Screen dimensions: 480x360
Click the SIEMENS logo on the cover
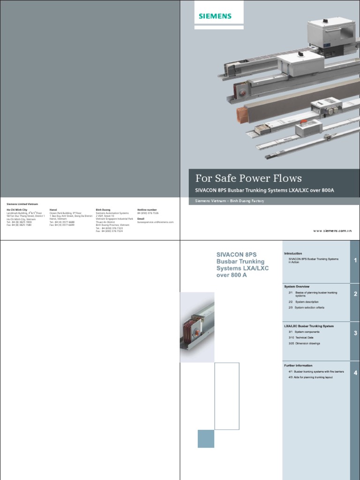pyautogui.click(x=215, y=16)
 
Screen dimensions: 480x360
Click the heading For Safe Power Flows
pyautogui.click(x=248, y=178)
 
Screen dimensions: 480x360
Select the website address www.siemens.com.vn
pyautogui.click(x=332, y=231)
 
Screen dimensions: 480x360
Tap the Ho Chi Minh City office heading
pyautogui.click(x=17, y=210)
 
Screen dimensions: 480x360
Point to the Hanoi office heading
pyautogui.click(x=53, y=210)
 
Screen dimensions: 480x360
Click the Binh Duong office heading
pyautogui.click(x=103, y=210)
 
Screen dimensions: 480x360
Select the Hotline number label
pyautogui.click(x=147, y=210)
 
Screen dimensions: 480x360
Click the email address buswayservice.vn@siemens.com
pyautogui.click(x=155, y=222)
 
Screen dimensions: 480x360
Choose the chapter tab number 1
pyautogui.click(x=355, y=260)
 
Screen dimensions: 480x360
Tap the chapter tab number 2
pyautogui.click(x=355, y=294)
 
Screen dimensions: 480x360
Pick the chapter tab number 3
pyautogui.click(x=355, y=333)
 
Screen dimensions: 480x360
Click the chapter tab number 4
pyautogui.click(x=355, y=373)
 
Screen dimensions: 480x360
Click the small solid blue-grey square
pyautogui.click(x=206, y=439)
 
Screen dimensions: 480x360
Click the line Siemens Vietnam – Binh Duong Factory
pyautogui.click(x=230, y=201)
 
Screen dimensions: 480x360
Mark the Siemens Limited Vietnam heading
pyautogui.click(x=22, y=204)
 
